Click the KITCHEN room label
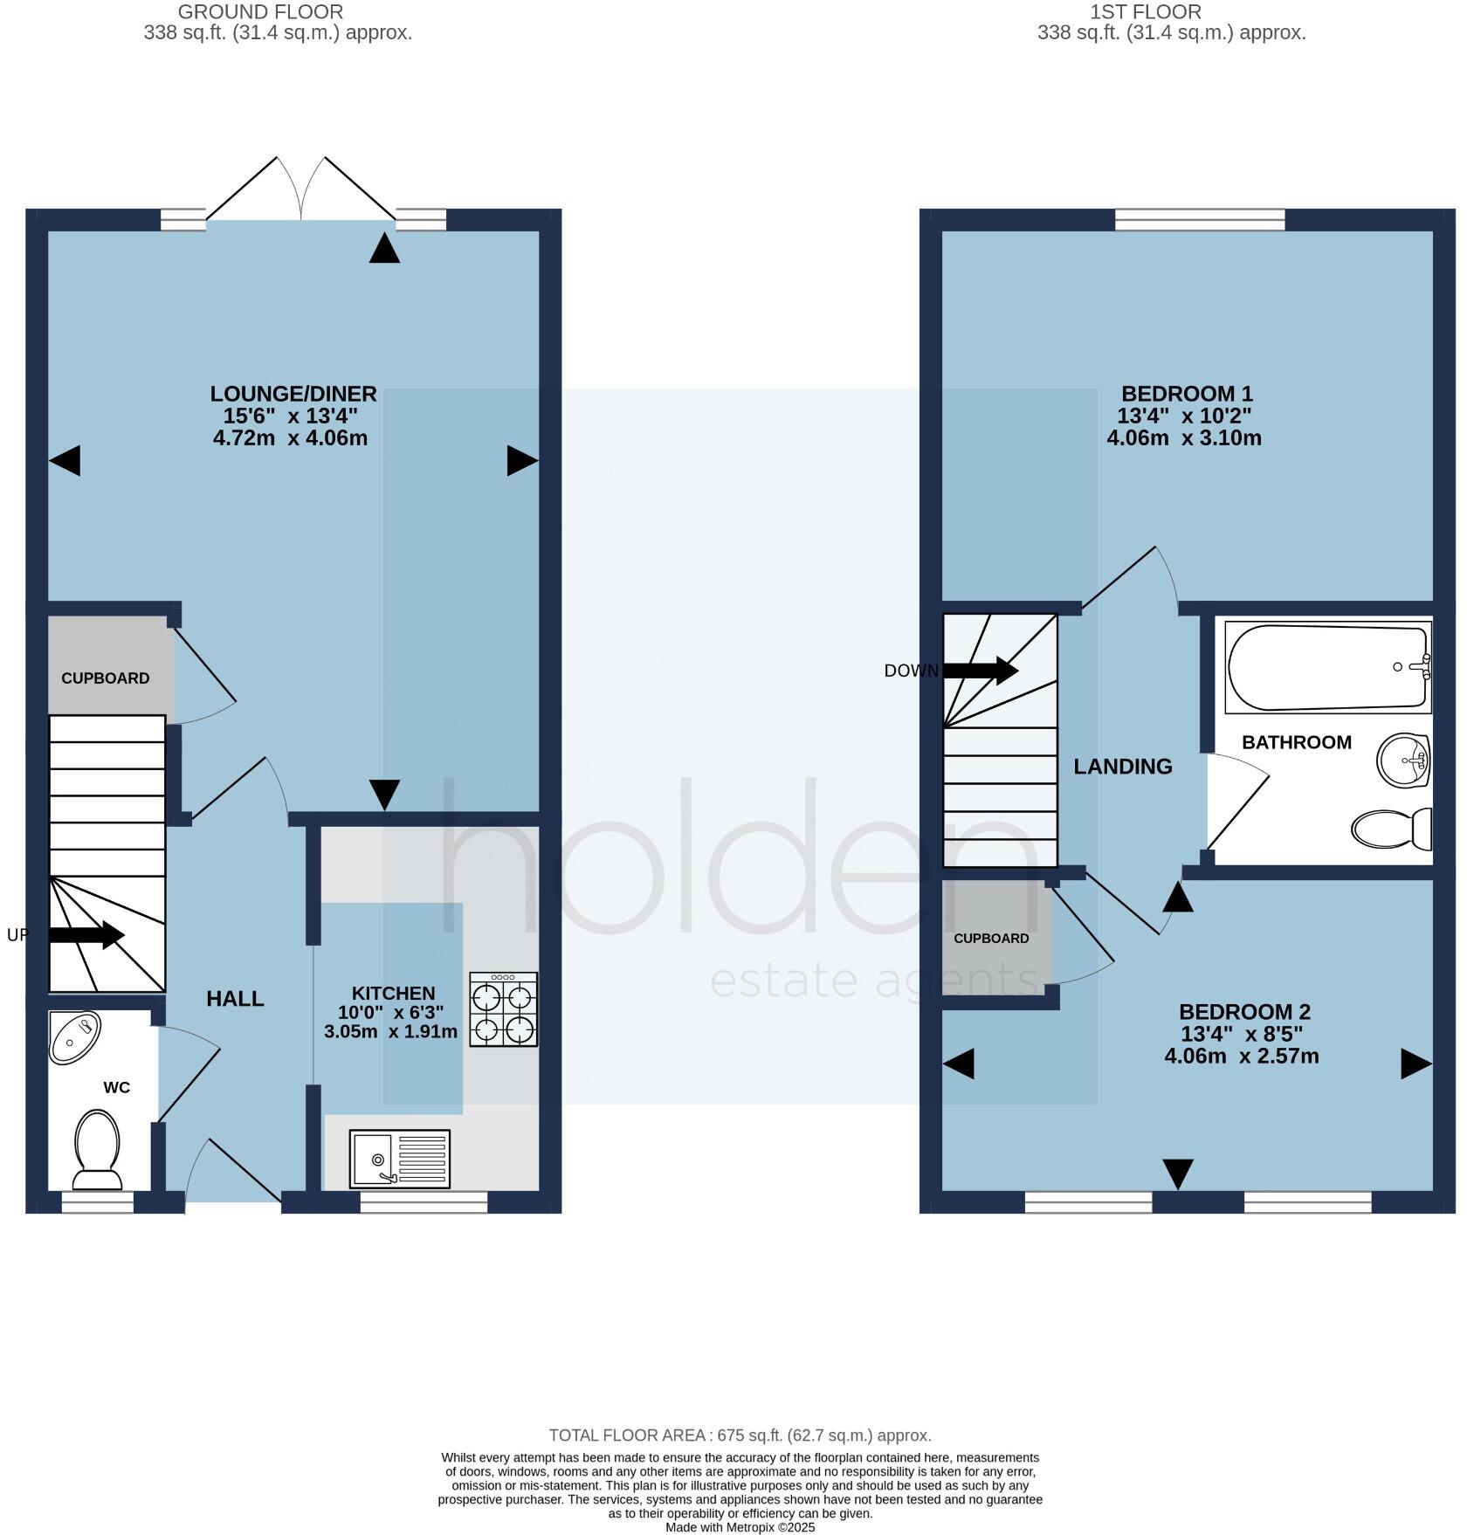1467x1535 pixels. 393,994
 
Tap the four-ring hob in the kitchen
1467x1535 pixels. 504,1009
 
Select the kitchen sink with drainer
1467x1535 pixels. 399,1160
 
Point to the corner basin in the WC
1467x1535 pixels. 74,1036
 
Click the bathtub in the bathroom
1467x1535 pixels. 1327,666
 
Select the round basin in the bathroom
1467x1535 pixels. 1402,761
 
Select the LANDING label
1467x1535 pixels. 1122,767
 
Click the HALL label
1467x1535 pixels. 235,999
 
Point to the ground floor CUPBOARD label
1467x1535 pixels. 105,678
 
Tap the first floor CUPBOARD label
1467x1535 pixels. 991,939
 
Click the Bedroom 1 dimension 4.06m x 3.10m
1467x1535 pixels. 1183,438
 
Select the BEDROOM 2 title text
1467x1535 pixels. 1244,1012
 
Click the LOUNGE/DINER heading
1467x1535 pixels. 293,394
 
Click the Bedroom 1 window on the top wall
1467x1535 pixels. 1200,219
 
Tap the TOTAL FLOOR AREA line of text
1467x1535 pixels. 740,1435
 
